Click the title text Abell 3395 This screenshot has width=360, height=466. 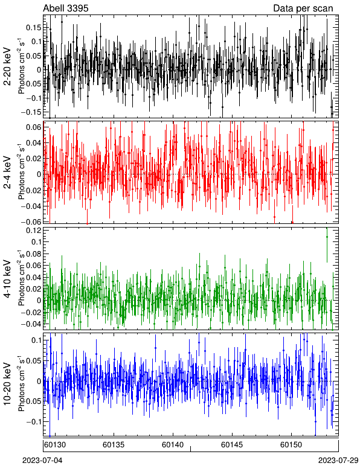[x=66, y=8]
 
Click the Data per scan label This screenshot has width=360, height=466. [x=303, y=8]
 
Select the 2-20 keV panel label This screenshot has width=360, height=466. [x=7, y=66]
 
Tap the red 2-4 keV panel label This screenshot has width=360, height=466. [x=7, y=173]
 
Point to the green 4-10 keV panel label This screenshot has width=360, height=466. [x=7, y=279]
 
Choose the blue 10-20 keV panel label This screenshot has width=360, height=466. [x=7, y=384]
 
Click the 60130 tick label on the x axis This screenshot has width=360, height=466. [x=55, y=445]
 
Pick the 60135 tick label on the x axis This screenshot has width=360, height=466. [x=114, y=445]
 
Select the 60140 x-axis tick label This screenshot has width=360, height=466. [x=173, y=445]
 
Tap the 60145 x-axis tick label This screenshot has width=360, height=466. [x=232, y=445]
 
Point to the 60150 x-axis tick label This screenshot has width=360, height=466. [x=291, y=445]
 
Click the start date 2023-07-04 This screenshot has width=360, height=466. [x=42, y=461]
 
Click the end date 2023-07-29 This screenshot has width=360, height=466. [x=338, y=461]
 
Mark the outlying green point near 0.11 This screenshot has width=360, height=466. [x=327, y=237]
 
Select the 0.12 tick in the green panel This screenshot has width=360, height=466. [x=34, y=231]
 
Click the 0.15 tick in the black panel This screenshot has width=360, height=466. [x=34, y=27]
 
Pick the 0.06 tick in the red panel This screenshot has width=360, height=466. [x=34, y=127]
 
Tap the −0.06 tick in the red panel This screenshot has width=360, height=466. [x=31, y=222]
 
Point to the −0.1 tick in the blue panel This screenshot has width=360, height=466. [x=34, y=421]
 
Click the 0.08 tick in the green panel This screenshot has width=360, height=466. [x=34, y=254]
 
